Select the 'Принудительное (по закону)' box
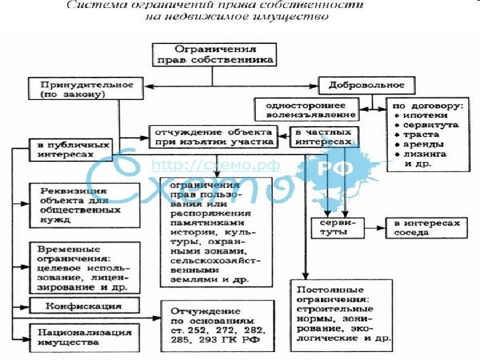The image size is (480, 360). pyautogui.click(x=82, y=89)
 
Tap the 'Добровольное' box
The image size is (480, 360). pyautogui.click(x=366, y=86)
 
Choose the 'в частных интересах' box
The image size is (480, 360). pyautogui.click(x=323, y=137)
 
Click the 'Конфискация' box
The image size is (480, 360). pyautogui.click(x=83, y=306)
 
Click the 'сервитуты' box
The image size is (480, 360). pyautogui.click(x=337, y=227)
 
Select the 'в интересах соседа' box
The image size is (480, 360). pyautogui.click(x=426, y=228)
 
